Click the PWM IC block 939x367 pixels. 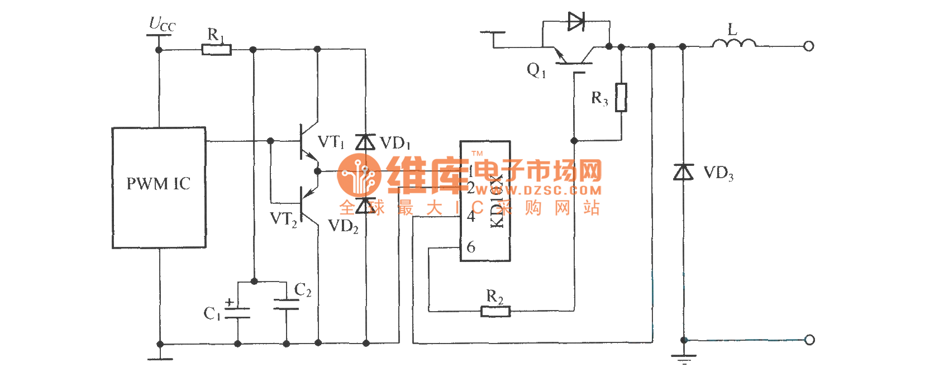(x=159, y=187)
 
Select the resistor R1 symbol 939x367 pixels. (x=216, y=50)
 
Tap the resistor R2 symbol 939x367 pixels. (x=495, y=311)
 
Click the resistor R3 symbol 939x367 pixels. (x=621, y=97)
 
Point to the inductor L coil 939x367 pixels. (x=734, y=43)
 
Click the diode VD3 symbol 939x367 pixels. (x=683, y=172)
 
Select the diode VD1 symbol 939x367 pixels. (x=366, y=142)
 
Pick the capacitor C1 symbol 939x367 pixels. (x=237, y=312)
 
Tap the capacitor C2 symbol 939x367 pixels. (x=287, y=304)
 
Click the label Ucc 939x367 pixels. (x=162, y=25)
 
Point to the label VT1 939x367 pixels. (x=331, y=142)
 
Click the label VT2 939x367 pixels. (x=283, y=219)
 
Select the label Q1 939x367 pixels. (x=536, y=70)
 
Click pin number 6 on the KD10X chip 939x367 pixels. (x=471, y=247)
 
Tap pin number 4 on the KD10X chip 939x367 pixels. (x=471, y=217)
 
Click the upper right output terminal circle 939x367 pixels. (x=808, y=46)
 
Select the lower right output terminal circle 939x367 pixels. (x=808, y=340)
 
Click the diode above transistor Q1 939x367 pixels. (x=576, y=22)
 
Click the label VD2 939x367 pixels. (x=343, y=226)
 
